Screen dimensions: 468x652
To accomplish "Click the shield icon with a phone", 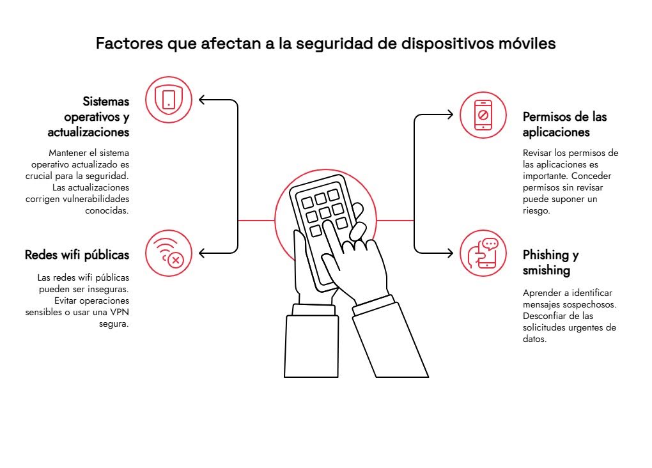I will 169,99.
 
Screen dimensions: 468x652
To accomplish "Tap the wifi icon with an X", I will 169,253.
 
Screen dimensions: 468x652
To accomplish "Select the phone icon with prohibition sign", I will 483,115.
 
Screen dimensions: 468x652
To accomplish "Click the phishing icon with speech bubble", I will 483,253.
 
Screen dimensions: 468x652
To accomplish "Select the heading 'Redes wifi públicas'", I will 77,255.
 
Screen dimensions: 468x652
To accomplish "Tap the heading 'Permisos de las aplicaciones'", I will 564,125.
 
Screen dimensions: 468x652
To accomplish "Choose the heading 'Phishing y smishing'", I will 550,262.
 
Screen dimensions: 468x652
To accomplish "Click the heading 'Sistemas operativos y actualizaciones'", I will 89,117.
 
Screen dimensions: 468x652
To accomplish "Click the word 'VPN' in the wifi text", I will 116,312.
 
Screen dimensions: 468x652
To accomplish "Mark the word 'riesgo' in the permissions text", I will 536,210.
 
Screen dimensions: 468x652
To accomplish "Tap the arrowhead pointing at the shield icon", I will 203,100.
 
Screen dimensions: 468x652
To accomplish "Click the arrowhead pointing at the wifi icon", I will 203,253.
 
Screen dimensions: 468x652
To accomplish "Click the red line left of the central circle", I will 256,221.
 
